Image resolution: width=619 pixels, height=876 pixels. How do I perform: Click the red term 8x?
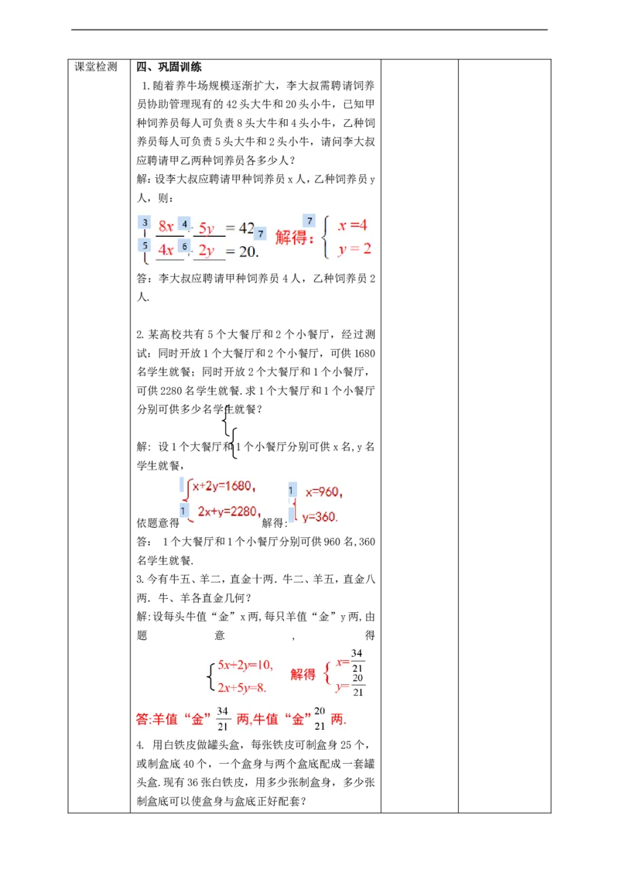[166, 227]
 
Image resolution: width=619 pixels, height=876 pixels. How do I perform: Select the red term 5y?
[207, 228]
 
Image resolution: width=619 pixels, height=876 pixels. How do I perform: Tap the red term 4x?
[166, 250]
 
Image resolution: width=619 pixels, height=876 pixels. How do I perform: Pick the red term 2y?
[207, 251]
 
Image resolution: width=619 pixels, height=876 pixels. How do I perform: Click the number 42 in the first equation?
[246, 228]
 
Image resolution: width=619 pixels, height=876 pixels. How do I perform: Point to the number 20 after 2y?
[248, 251]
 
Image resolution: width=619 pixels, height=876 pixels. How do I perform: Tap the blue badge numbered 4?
[184, 224]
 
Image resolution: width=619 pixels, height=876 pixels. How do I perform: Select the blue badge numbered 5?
[145, 245]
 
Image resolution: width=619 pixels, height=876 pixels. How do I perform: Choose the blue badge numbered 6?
[184, 246]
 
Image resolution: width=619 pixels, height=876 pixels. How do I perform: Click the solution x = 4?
[353, 225]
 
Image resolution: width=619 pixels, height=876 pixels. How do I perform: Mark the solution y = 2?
[354, 249]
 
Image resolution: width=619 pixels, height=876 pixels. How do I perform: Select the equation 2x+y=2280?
[227, 511]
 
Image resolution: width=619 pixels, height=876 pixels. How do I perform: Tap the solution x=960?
[323, 491]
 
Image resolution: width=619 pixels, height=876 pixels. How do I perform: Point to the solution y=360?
[320, 517]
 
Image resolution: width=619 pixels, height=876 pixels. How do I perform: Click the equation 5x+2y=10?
[245, 665]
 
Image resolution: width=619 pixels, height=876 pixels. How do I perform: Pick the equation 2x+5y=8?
[241, 687]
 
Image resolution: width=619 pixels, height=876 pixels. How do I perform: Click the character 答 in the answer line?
[142, 719]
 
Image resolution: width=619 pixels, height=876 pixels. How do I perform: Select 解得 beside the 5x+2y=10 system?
[303, 675]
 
